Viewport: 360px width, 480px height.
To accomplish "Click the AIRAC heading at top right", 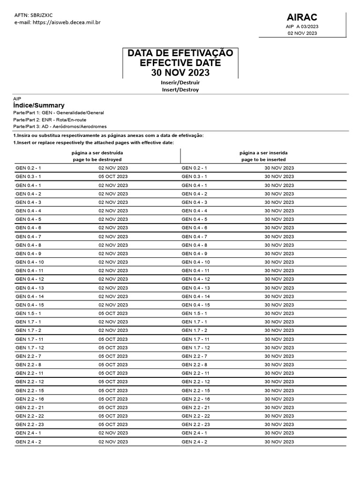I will click(302, 17).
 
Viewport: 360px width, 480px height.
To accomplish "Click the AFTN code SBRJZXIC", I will click(43, 15).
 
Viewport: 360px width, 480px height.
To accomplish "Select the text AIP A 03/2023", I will click(302, 27).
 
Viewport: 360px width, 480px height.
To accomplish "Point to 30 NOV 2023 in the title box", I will click(180, 73).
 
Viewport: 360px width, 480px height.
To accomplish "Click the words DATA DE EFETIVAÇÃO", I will click(180, 53).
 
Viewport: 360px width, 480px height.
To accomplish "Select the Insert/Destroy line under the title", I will click(180, 90).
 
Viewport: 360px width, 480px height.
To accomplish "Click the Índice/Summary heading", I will click(39, 105).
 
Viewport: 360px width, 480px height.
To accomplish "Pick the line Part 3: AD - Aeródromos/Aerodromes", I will click(60, 127).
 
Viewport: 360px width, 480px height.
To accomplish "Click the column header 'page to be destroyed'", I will click(97, 159).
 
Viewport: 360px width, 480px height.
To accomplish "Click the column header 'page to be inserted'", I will click(263, 159).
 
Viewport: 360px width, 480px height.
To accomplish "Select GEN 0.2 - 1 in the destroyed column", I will click(28, 168).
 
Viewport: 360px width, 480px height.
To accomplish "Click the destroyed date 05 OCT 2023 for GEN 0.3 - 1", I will click(113, 176).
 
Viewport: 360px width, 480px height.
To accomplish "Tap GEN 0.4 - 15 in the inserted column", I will click(195, 305).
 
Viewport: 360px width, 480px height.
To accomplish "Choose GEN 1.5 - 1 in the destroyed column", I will click(28, 313).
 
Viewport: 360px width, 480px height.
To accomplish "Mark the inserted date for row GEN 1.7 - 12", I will click(279, 347).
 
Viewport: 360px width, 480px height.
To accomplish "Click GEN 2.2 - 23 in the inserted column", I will click(195, 424).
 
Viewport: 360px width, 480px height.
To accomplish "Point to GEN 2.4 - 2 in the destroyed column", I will click(28, 442).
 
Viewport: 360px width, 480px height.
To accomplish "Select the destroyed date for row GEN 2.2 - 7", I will click(113, 356).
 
